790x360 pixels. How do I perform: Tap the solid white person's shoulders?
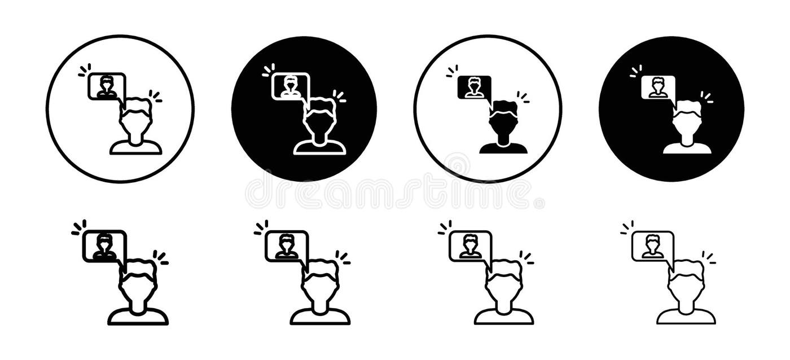click(687, 148)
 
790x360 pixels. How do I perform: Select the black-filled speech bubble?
click(474, 87)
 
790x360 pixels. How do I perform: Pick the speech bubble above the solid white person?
click(658, 87)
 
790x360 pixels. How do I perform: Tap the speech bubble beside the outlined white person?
click(291, 86)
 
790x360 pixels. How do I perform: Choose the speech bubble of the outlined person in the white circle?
click(106, 86)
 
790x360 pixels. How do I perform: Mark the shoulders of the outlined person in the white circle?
click(136, 148)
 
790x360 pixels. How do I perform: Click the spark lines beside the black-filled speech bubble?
click(452, 71)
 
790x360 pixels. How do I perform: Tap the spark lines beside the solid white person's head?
click(706, 97)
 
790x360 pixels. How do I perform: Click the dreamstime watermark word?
click(389, 193)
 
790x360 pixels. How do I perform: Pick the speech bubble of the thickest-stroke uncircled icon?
click(104, 246)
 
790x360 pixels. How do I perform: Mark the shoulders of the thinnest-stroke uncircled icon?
click(686, 317)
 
